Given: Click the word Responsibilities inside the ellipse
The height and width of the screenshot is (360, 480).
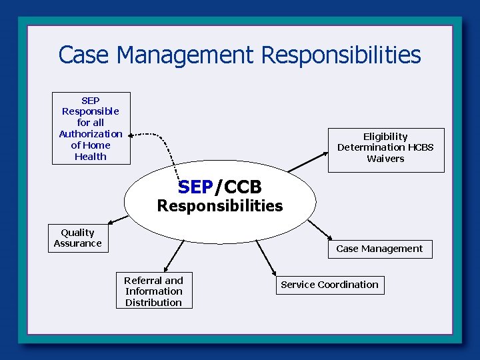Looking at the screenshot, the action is (x=220, y=206).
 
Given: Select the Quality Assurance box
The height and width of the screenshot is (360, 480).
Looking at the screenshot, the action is (x=77, y=238).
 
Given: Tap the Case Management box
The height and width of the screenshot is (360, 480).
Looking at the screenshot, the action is (x=379, y=249).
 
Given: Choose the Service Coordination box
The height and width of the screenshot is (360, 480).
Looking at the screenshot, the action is (x=329, y=285).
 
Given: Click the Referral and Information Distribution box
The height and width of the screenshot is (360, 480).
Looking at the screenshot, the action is (x=153, y=291).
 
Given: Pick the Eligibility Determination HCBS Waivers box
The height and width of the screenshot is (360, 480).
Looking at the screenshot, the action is (x=385, y=147).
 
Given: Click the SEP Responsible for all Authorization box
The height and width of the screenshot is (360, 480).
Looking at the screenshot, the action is (x=91, y=128).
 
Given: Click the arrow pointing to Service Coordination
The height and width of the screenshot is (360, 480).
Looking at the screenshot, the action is (x=265, y=257).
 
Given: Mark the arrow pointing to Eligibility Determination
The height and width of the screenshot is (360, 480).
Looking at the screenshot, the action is (x=308, y=162).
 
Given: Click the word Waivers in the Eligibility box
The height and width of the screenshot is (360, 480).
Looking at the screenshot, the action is (x=385, y=159).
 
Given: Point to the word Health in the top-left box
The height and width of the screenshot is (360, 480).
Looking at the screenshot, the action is (x=91, y=157).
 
